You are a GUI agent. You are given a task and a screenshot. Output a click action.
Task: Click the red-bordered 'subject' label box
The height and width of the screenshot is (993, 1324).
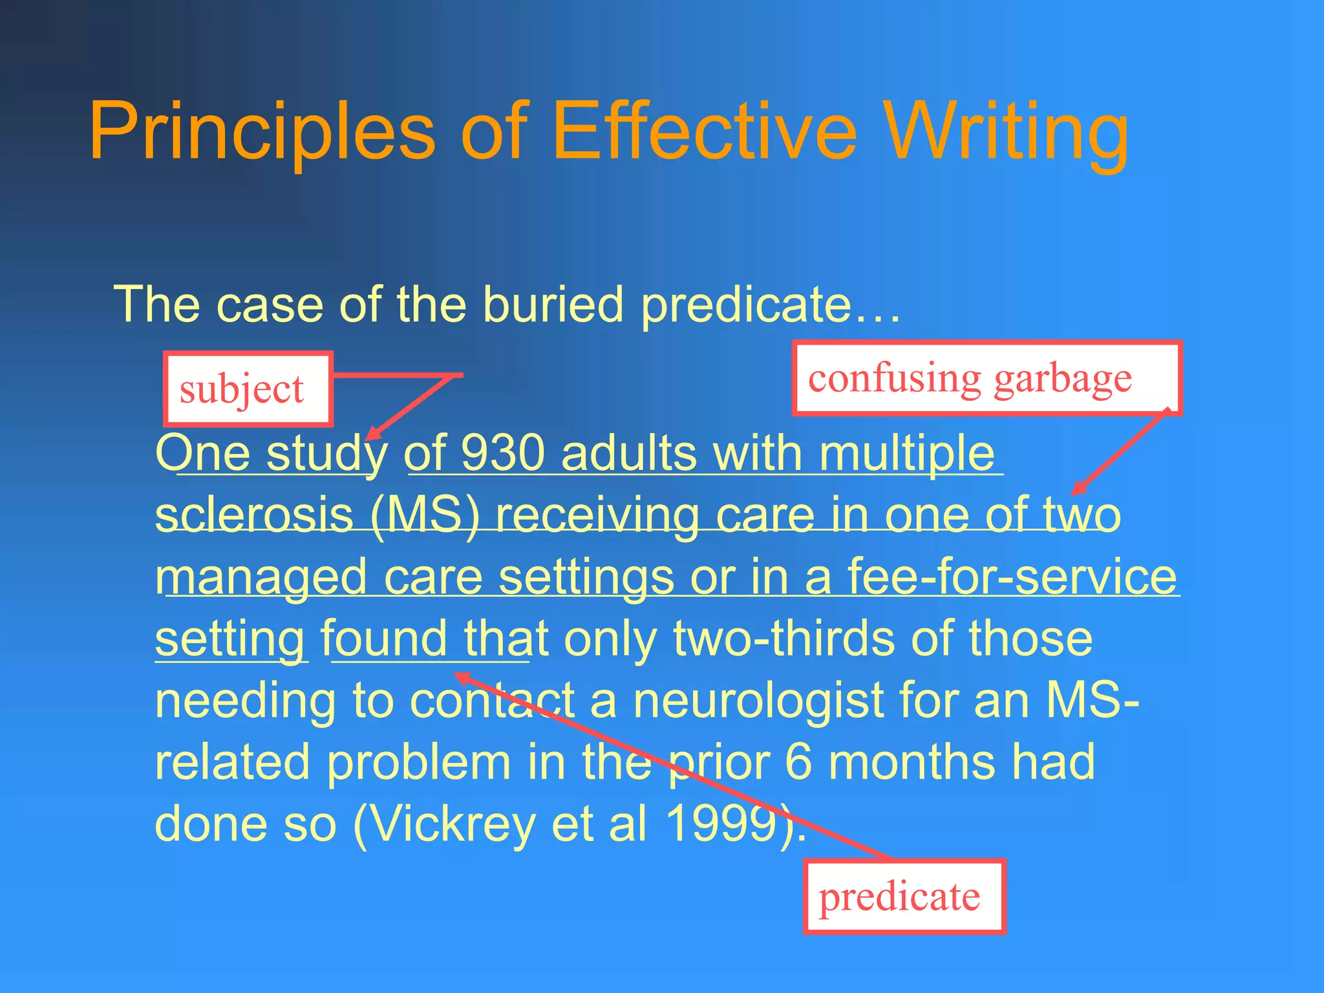pyautogui.click(x=248, y=389)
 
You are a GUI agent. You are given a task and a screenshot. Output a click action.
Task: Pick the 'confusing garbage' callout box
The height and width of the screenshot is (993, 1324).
pyautogui.click(x=987, y=378)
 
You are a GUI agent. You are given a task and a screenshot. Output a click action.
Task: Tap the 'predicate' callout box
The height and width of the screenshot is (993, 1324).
pyautogui.click(x=904, y=897)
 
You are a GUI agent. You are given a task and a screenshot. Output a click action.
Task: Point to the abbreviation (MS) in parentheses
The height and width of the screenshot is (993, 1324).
pyautogui.click(x=425, y=515)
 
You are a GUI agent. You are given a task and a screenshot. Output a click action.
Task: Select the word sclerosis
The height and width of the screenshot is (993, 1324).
pyautogui.click(x=254, y=515)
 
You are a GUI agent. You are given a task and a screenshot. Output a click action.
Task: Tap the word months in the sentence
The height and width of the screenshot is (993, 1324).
pyautogui.click(x=912, y=762)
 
